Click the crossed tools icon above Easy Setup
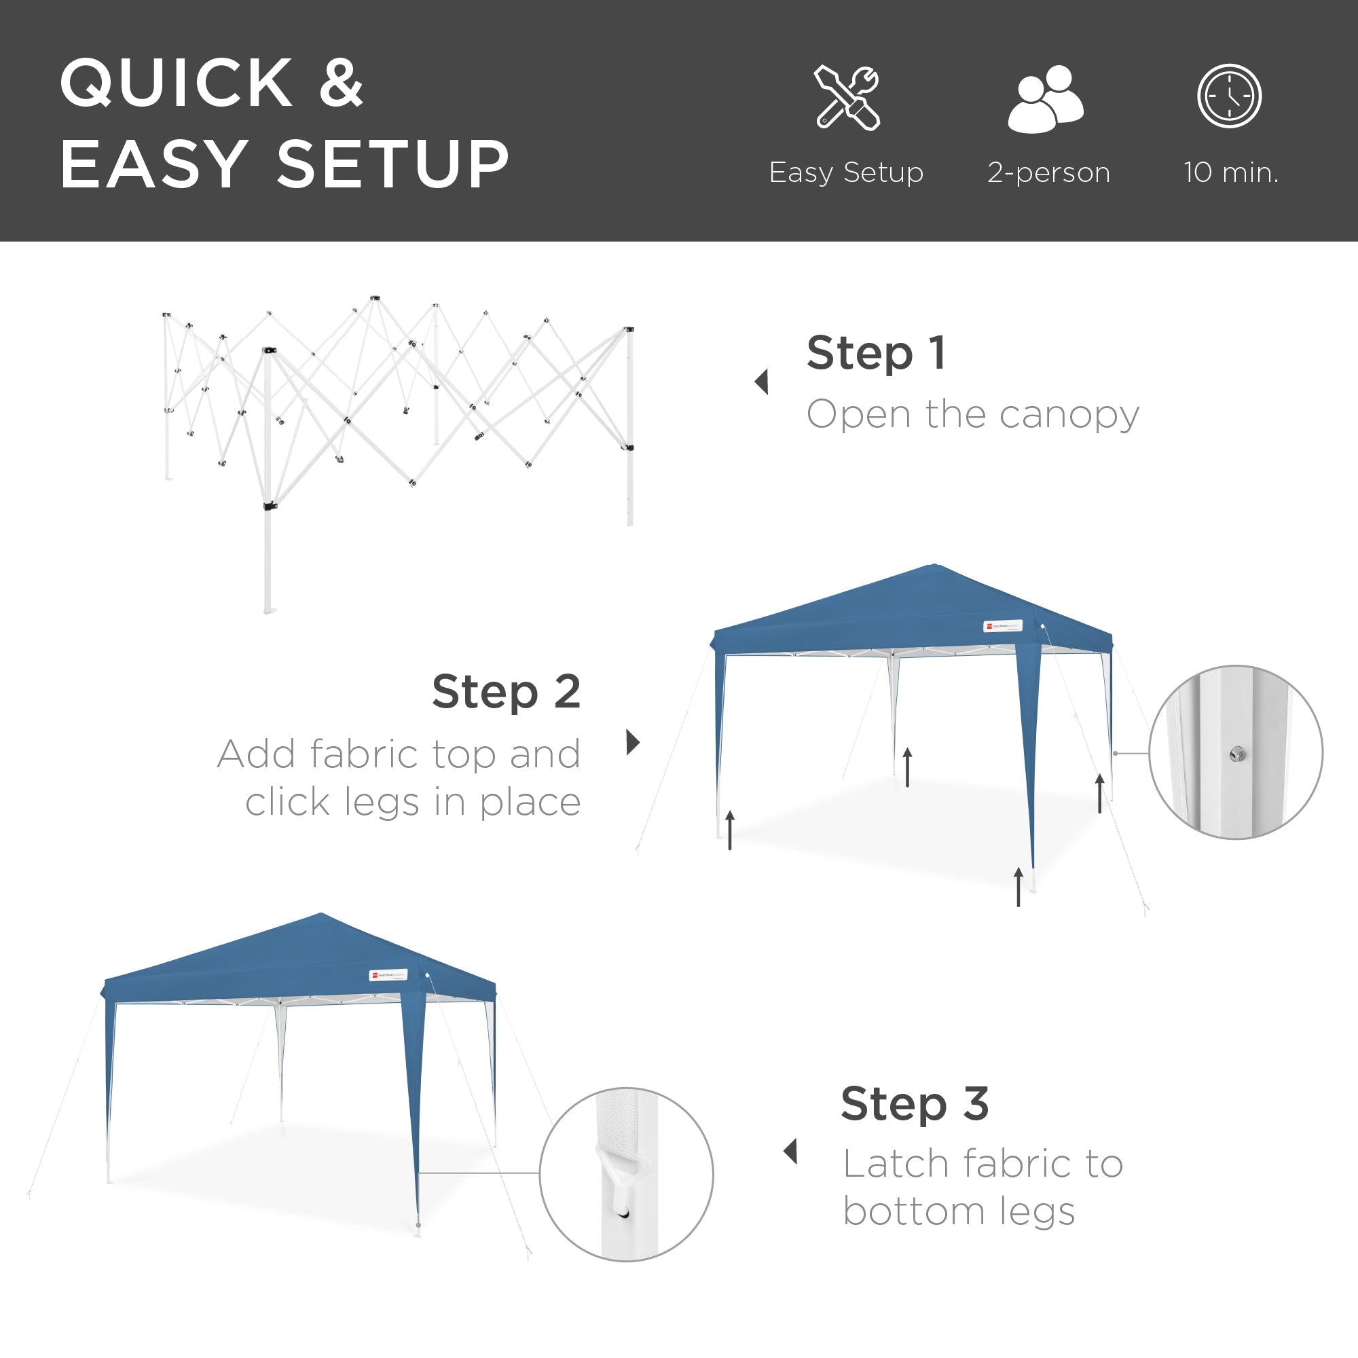[847, 98]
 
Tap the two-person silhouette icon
[1046, 98]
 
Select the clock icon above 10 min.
[1230, 96]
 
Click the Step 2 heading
[506, 692]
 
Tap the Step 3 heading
[915, 1103]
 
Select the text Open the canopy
[972, 414]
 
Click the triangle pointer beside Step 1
[762, 382]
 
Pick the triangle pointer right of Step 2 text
[633, 741]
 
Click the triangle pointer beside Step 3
[791, 1152]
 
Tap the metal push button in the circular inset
[1238, 755]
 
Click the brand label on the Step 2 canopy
[1002, 625]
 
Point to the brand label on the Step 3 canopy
[388, 975]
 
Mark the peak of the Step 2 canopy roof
[934, 564]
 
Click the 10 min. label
[1231, 172]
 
